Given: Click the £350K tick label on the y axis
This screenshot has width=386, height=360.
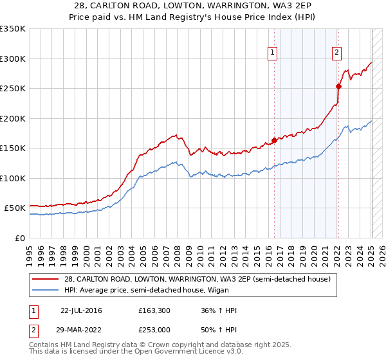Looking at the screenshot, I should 13,29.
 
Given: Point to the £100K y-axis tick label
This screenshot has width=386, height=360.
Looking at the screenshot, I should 13,178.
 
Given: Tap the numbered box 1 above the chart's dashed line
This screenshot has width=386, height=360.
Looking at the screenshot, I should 273,53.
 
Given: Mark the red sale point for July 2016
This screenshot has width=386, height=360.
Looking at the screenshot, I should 274,140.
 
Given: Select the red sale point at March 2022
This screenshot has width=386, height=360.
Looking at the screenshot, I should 338,86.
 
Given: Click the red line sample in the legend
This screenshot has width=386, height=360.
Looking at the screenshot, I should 46,279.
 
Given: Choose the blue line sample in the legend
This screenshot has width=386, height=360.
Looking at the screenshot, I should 46,291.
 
